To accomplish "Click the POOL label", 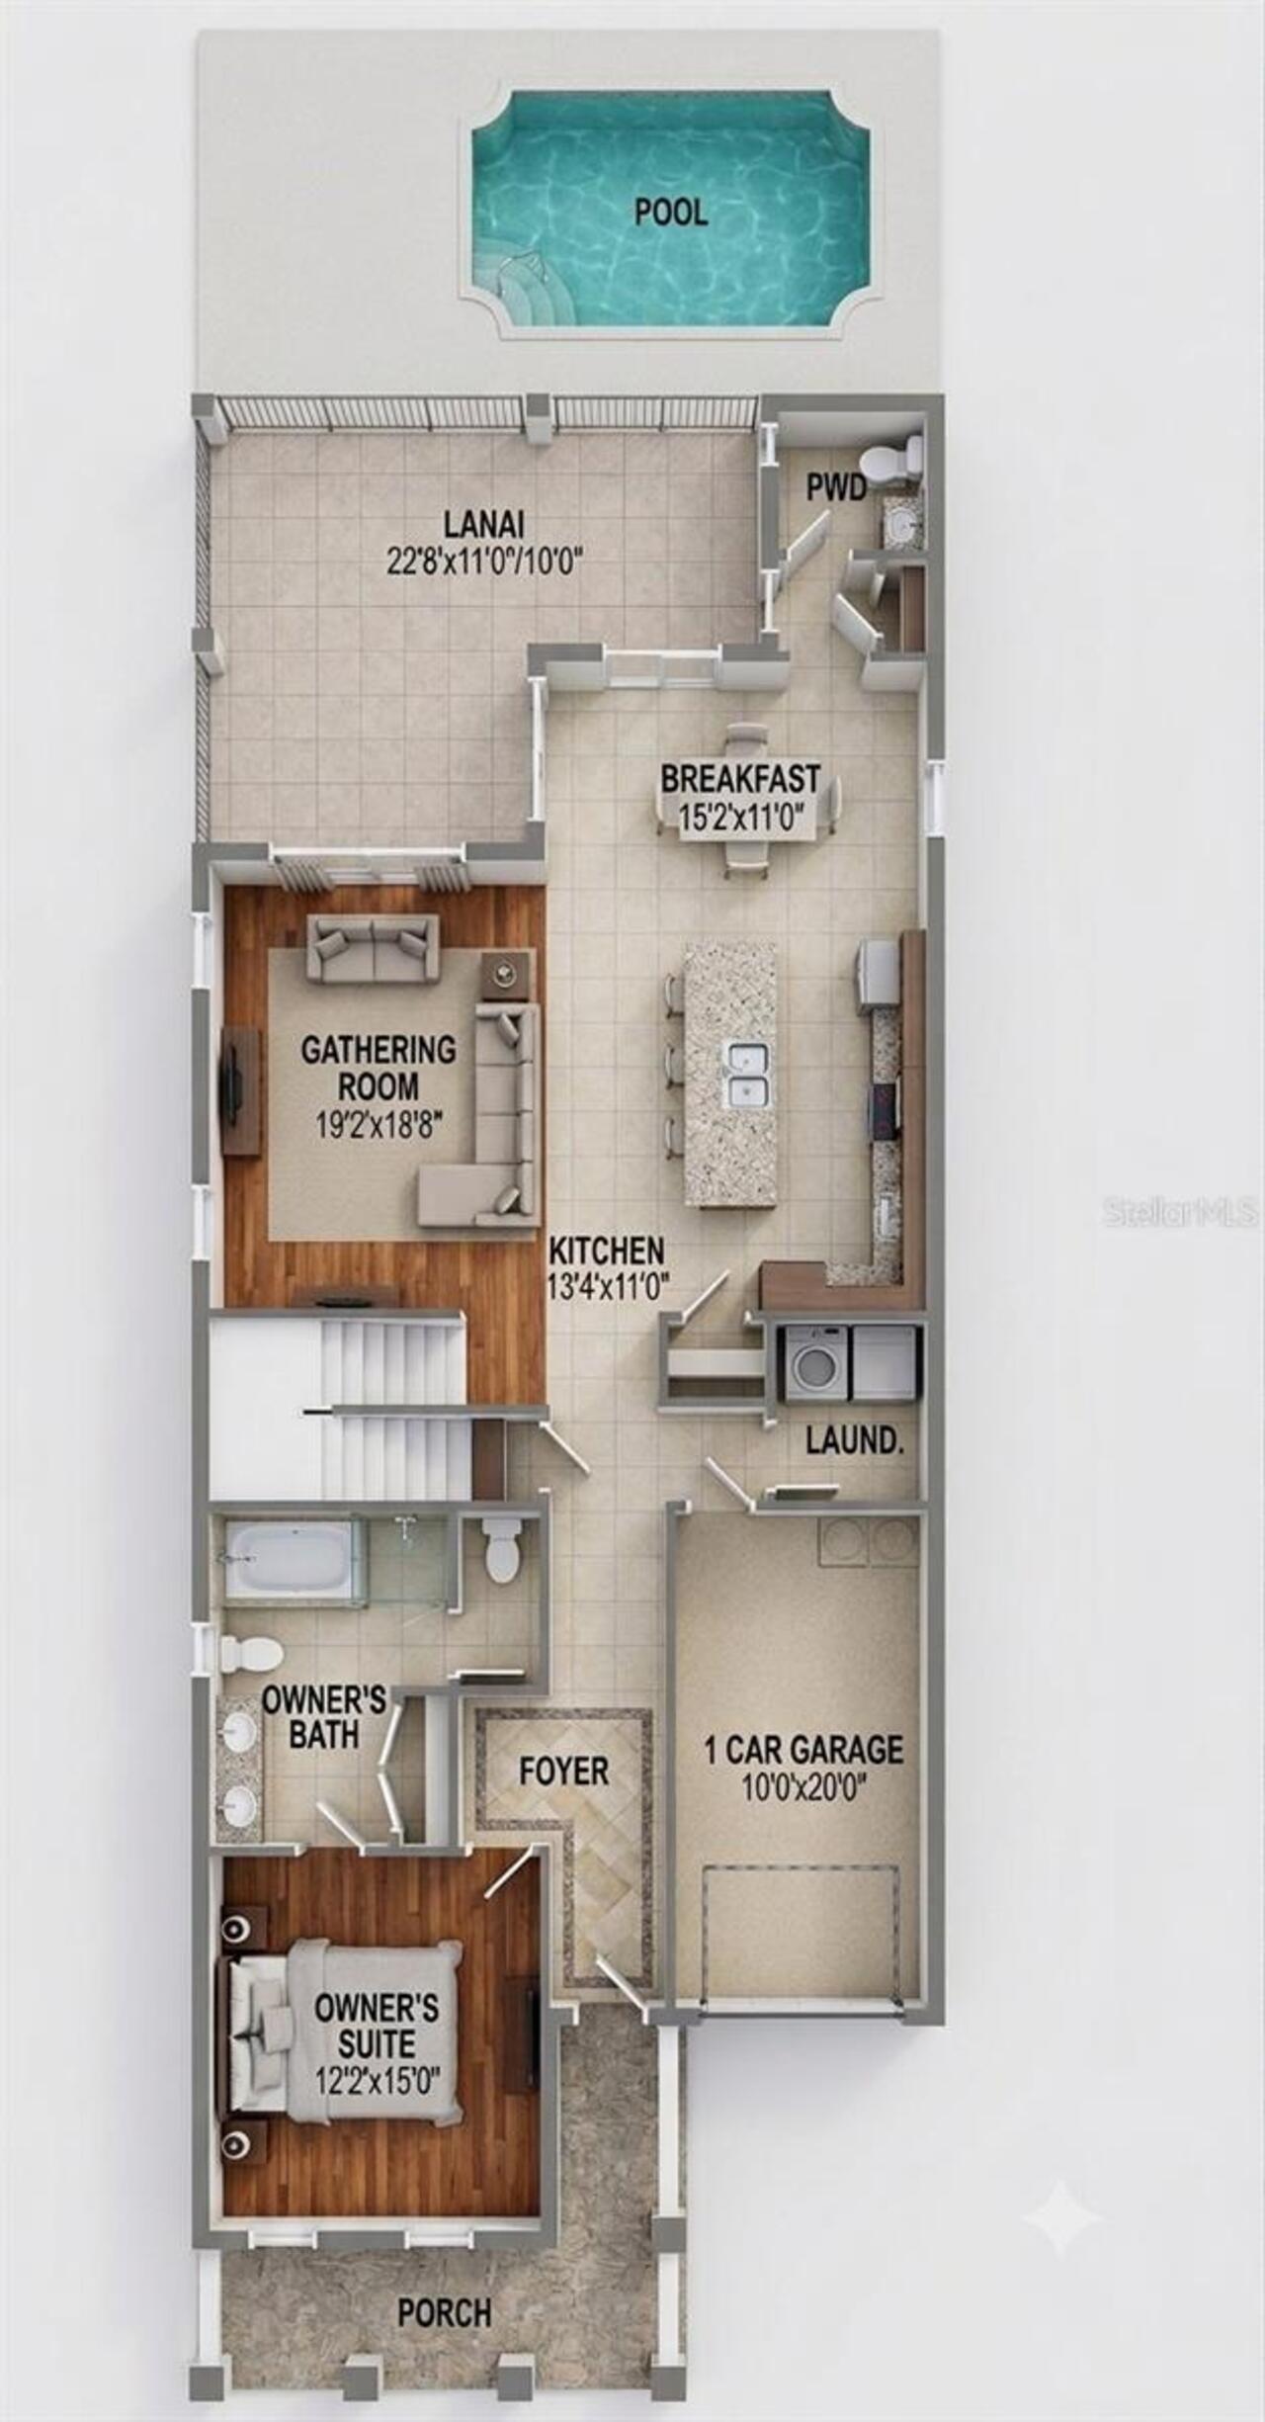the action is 671,212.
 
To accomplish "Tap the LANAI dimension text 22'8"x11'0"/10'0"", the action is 484,562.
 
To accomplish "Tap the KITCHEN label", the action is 607,1251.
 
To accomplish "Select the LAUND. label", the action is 855,1440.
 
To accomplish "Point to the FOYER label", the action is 564,1771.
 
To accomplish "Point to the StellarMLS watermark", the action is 1181,1212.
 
